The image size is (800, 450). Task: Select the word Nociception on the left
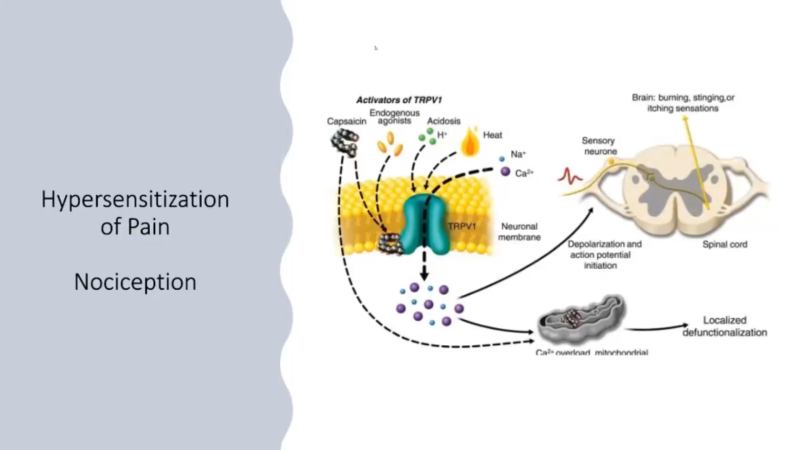[x=135, y=282]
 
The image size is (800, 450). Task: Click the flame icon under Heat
[x=471, y=147]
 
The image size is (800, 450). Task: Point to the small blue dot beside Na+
[x=501, y=158]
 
